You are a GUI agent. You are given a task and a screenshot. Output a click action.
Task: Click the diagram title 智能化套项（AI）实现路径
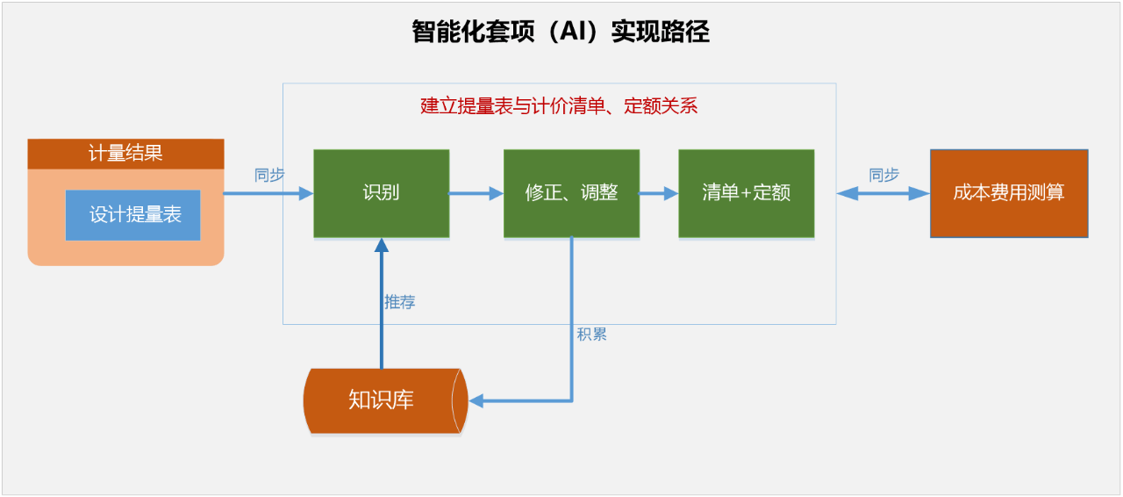pos(561,32)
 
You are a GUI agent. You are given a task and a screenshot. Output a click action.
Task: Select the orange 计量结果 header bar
pos(125,154)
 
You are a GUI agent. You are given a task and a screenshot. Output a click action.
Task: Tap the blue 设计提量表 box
pos(132,215)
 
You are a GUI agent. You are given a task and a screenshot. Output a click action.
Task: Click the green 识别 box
pos(382,193)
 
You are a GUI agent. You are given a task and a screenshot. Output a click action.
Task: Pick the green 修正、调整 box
pos(571,193)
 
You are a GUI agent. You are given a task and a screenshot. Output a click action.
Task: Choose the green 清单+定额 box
pos(746,193)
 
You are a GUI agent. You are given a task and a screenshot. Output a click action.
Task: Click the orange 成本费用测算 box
pos(1009,193)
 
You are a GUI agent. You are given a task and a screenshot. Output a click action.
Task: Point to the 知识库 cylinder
pos(382,400)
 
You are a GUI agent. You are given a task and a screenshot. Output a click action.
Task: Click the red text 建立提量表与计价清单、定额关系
pos(559,107)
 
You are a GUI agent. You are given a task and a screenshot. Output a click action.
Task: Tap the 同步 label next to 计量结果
pos(269,175)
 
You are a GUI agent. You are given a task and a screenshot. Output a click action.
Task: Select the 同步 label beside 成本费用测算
pos(883,175)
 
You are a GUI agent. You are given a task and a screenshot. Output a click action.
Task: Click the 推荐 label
pos(399,302)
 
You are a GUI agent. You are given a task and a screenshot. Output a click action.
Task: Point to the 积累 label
pos(591,335)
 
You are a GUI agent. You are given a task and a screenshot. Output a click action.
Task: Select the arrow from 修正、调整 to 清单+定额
pos(658,194)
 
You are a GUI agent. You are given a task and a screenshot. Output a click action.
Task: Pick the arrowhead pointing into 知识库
pos(476,401)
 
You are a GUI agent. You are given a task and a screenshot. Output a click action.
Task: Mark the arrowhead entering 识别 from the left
pos(306,194)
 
